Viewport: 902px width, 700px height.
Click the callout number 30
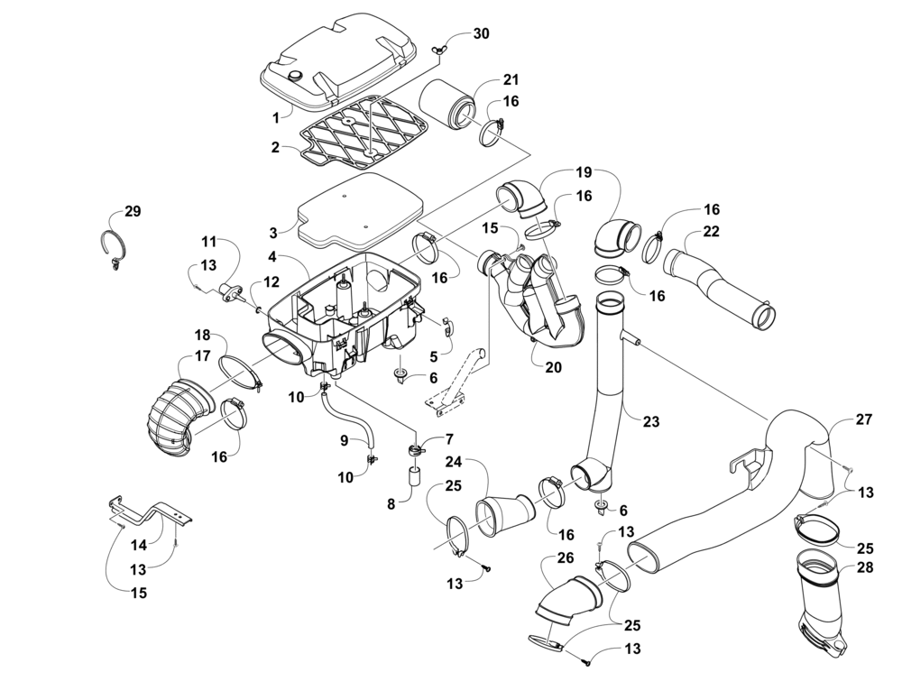482,33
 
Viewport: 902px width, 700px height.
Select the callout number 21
511,80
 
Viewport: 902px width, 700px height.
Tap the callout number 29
133,211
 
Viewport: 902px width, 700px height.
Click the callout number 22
711,232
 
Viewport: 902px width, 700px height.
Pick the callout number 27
864,419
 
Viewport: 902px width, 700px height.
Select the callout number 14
138,545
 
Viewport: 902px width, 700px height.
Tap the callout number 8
391,505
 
